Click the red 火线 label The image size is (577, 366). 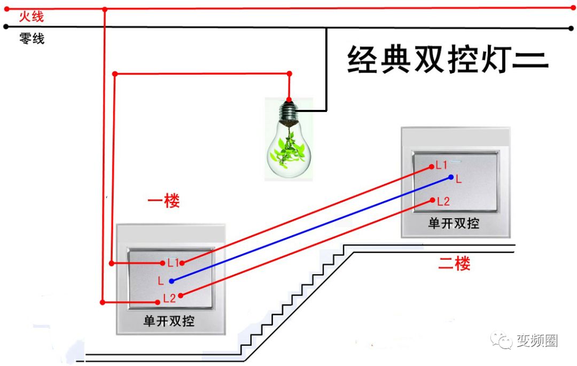tap(31, 17)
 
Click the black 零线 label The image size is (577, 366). tap(32, 38)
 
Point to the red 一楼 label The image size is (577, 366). tap(163, 201)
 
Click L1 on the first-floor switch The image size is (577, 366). tap(173, 262)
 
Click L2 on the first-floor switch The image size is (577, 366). tap(169, 298)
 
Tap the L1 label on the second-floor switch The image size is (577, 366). tap(442, 165)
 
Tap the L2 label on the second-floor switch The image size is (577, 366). tap(443, 202)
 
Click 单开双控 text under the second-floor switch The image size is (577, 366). tap(454, 223)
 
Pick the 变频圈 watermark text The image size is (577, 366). tap(537, 341)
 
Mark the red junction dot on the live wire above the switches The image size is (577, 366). tap(105, 9)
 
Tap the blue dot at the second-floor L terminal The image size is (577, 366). tap(451, 177)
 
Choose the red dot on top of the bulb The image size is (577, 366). tap(289, 99)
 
